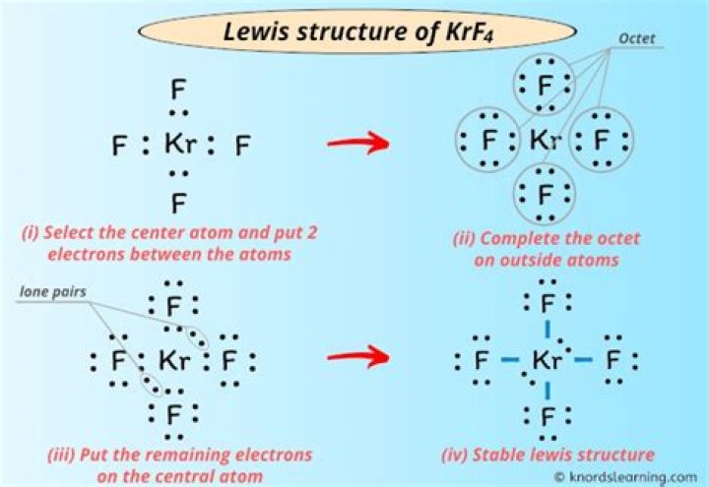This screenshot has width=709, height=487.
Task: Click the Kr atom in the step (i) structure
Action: pos(180,146)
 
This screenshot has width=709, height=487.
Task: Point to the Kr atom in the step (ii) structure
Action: pos(545,141)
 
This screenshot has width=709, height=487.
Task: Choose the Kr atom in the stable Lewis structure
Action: pos(546,360)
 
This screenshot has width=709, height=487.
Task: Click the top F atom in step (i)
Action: pos(178,91)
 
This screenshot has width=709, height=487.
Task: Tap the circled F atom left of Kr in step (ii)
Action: pos(488,141)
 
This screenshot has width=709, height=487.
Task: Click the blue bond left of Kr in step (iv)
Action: pos(509,361)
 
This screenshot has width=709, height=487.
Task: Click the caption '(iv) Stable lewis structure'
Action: pos(547,455)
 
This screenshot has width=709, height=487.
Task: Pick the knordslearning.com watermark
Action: pos(632,476)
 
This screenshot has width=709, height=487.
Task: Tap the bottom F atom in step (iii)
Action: pos(174,412)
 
